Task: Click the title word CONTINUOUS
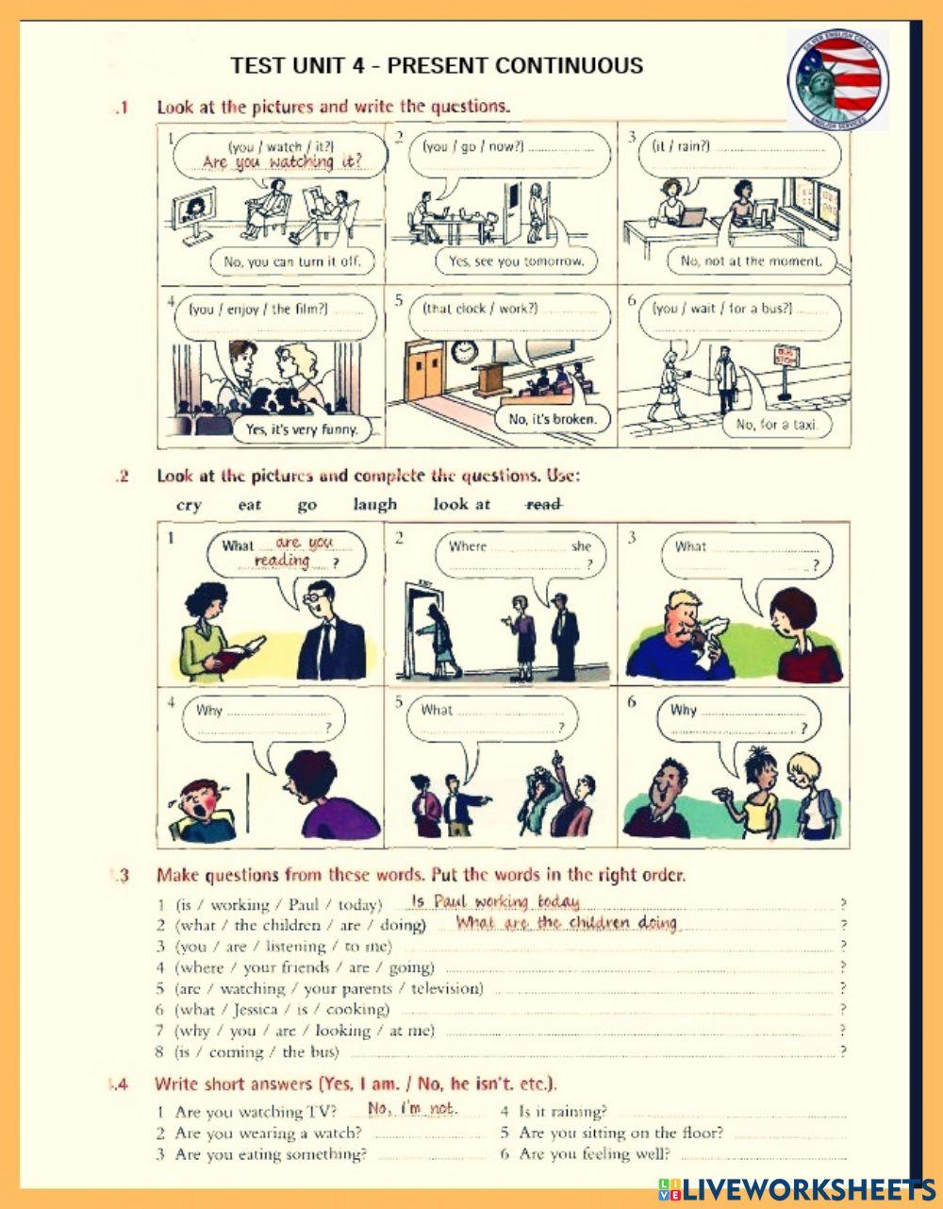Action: click(569, 66)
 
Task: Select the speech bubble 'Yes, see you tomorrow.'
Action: click(516, 260)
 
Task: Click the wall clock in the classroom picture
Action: click(463, 352)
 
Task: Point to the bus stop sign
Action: click(785, 357)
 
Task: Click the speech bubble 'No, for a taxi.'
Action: click(775, 424)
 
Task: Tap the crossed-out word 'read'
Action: click(543, 504)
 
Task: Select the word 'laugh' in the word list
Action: click(374, 504)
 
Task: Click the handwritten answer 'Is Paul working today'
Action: click(495, 902)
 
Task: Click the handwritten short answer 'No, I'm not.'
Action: click(412, 1108)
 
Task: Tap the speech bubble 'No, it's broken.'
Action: click(553, 418)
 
